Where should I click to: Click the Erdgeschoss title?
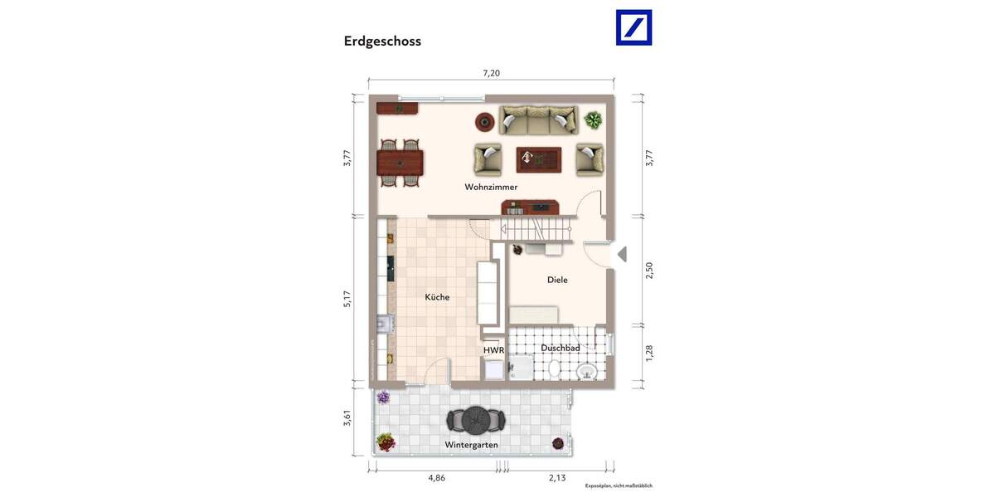[x=382, y=41]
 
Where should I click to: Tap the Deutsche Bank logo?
[x=633, y=27]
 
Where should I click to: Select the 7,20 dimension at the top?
[x=491, y=73]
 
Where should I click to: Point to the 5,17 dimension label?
[x=348, y=299]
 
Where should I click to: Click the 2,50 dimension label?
[x=649, y=271]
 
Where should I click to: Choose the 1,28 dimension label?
[x=649, y=353]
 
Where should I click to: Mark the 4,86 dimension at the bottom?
[x=436, y=477]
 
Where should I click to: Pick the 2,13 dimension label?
[x=557, y=477]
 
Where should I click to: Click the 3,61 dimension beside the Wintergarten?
[x=348, y=420]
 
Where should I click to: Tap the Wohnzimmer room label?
[x=491, y=188]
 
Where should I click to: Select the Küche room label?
[x=437, y=297]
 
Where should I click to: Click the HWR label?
[x=493, y=350]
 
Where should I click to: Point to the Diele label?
[x=557, y=280]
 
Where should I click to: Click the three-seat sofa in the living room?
[x=538, y=120]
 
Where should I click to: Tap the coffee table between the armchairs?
[x=538, y=158]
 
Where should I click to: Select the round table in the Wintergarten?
[x=475, y=420]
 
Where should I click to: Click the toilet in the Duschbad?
[x=587, y=370]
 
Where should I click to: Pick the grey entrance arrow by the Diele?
[x=622, y=254]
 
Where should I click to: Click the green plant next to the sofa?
[x=593, y=120]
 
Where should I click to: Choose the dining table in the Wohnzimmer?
[x=400, y=162]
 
